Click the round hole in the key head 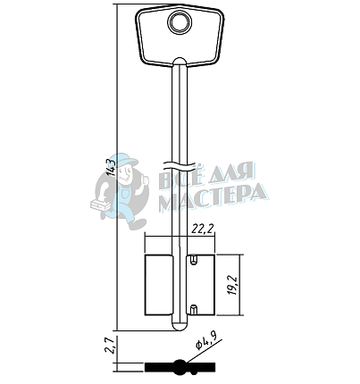(180, 22)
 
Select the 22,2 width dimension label (203, 229)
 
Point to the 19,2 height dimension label (232, 285)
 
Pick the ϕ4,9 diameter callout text (205, 341)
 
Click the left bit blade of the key (158, 285)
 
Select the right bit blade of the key (200, 285)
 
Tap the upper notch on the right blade (194, 260)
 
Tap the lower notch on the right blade (194, 310)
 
